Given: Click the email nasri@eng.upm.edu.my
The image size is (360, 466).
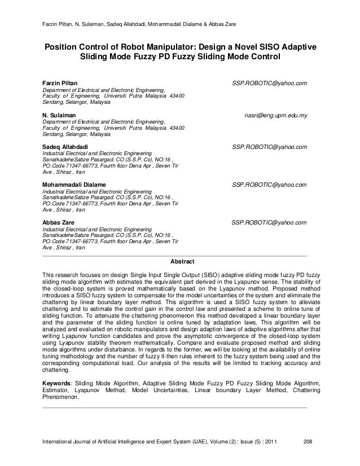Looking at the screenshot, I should click(x=275, y=115).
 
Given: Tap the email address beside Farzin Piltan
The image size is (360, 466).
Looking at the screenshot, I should click(x=270, y=83).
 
